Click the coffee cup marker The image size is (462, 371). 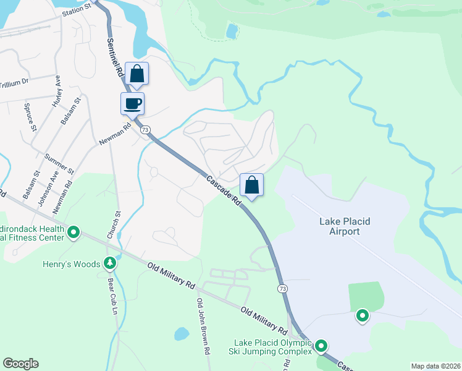[132, 103]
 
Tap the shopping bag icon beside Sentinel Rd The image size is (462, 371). [136, 74]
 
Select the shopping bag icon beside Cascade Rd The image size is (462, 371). [251, 184]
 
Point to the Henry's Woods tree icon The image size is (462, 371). [110, 263]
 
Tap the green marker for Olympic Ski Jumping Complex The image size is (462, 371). [321, 346]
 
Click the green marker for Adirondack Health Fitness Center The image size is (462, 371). [73, 232]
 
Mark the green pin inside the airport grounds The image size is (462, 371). [362, 316]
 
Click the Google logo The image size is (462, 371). [20, 364]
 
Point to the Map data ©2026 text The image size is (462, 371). [435, 366]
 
